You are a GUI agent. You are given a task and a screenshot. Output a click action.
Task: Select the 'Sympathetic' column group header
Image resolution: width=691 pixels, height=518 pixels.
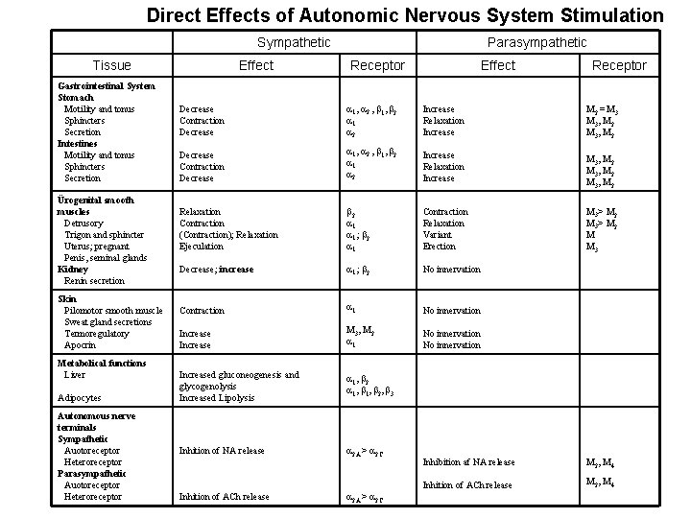pos(294,42)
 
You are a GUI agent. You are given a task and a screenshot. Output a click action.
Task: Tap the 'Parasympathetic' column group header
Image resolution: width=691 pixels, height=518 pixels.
pos(536,42)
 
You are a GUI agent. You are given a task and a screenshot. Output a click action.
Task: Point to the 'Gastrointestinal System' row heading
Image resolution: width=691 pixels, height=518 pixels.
pos(106,86)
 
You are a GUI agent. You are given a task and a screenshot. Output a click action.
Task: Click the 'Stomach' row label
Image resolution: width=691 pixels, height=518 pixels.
pos(76,98)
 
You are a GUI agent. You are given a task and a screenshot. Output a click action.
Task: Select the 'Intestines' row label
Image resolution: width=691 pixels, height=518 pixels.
pos(78,143)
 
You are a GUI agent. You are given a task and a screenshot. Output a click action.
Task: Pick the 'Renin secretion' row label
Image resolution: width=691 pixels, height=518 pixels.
pos(94,281)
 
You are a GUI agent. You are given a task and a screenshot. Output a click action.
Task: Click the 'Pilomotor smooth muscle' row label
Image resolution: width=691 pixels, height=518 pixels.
pos(113,311)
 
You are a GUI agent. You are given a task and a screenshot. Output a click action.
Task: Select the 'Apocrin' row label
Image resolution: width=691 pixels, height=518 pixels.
pos(80,345)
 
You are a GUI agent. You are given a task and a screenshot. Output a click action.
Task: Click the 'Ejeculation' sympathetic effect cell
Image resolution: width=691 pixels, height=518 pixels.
pos(202,247)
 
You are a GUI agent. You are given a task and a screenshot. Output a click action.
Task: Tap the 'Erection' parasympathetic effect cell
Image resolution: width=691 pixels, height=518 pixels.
pos(439,247)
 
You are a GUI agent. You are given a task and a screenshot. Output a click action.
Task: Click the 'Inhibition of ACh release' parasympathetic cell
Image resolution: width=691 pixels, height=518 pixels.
pos(468,485)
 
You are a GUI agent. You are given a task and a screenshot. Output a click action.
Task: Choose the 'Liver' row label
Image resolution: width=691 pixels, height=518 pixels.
pos(74,374)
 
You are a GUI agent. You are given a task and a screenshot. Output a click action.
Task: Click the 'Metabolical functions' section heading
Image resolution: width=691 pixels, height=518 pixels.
pos(102,363)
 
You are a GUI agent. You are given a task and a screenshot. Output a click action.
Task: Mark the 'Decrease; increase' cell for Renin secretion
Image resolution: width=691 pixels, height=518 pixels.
pos(217,271)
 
